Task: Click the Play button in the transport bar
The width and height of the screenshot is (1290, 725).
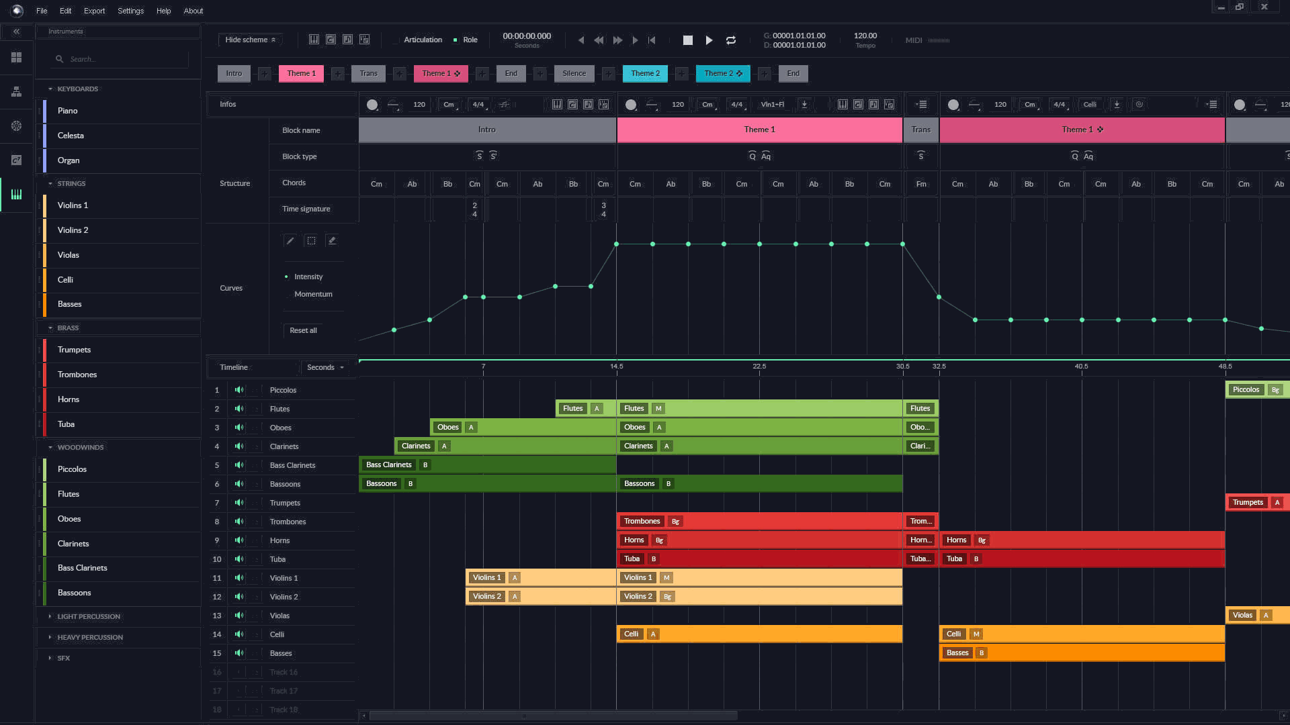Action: coord(709,40)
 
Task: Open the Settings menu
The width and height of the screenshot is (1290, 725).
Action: coord(130,11)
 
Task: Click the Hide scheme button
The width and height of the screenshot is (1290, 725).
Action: coord(250,40)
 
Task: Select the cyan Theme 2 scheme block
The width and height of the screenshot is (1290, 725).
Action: coord(645,73)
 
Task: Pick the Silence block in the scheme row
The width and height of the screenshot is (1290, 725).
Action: coord(574,73)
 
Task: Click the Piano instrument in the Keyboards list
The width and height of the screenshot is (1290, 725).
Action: coord(67,111)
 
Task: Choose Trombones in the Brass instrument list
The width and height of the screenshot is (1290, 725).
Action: coord(77,375)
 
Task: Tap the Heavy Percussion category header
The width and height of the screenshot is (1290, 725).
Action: coord(90,637)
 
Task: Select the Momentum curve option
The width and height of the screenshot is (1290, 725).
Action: coord(313,294)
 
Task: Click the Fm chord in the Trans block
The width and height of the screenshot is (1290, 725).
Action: coord(921,184)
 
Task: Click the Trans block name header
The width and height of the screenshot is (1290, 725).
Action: coord(920,130)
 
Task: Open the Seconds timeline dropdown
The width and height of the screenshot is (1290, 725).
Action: coord(325,367)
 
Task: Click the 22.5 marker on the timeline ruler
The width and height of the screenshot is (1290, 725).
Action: coord(759,367)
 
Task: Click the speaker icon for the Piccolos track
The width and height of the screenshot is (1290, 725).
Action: coord(239,390)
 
